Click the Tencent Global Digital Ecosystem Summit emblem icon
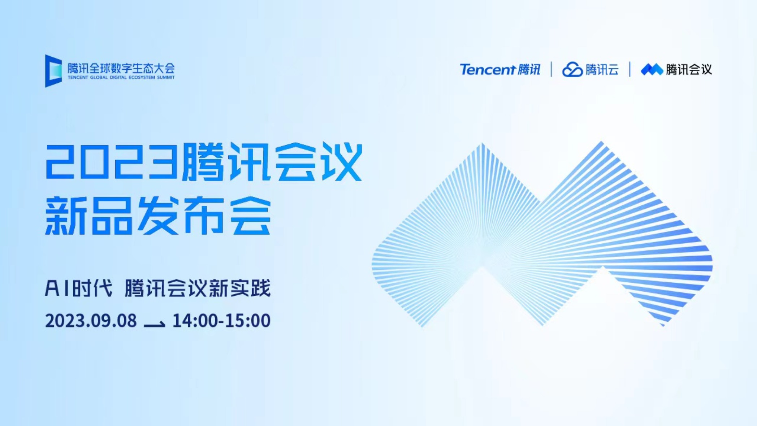(53, 71)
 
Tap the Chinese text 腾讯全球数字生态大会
(121, 68)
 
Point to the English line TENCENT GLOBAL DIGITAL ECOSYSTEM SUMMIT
(121, 77)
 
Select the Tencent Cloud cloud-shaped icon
(572, 69)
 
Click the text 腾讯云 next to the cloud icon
(602, 69)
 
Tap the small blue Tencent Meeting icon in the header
(652, 69)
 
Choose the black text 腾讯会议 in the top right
(689, 69)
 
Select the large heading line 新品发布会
(158, 216)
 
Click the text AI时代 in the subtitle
(79, 288)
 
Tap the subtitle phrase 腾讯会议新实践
(198, 288)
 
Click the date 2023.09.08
(91, 321)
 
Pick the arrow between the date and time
(155, 324)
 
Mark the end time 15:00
(248, 321)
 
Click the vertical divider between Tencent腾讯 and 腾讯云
(551, 69)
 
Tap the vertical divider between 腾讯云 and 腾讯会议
(630, 69)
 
